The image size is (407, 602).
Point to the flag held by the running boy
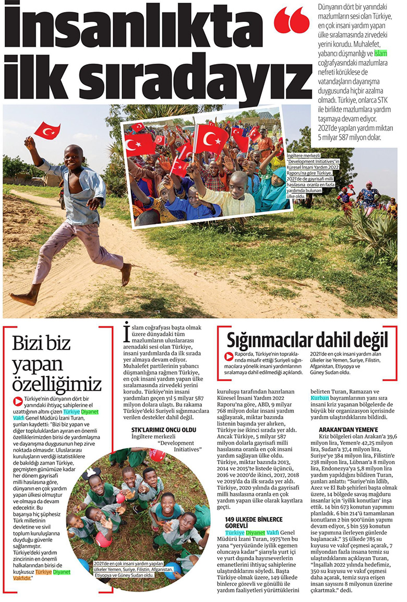47,130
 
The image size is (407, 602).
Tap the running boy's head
73,156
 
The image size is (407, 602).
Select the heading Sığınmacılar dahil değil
308,339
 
